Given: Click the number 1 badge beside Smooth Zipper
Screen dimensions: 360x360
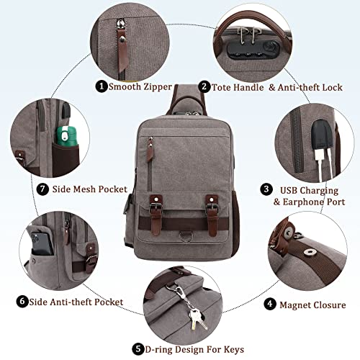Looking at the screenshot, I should coord(102,86).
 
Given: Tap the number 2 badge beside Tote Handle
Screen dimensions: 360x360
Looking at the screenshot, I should coord(205,86).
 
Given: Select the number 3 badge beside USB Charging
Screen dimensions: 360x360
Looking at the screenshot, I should coord(266,189).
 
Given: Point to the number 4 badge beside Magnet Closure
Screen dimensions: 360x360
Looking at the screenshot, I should coord(268,305).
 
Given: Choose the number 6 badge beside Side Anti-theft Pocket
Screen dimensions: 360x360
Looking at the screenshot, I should coord(22,302).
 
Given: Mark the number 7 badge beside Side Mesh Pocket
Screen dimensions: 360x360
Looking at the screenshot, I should coord(22,190).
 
